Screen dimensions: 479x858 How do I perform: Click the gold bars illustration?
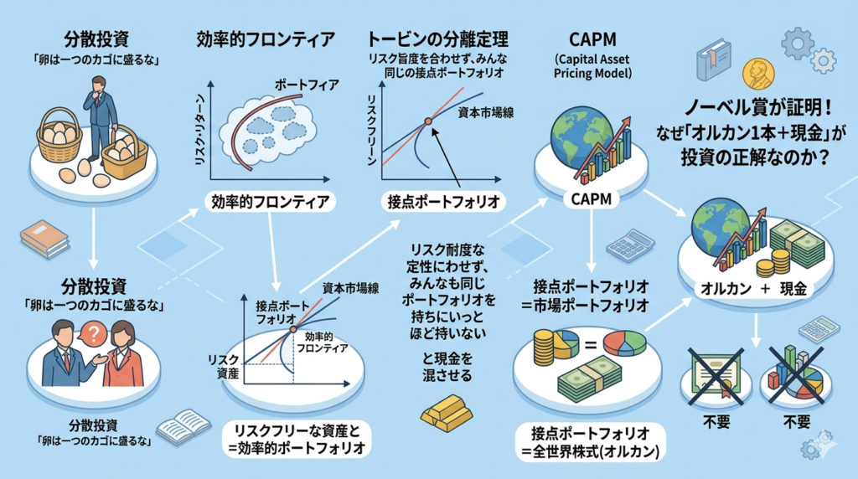pos(445,413)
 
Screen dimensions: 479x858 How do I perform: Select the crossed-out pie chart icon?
pos(793,371)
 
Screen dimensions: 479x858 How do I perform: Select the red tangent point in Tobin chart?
pos(427,122)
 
